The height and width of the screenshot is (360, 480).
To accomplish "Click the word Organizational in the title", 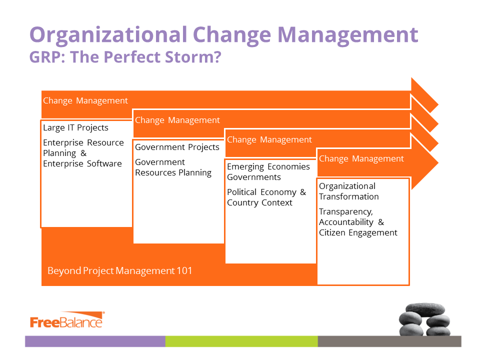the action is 108,35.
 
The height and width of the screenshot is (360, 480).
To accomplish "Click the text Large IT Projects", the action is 75,127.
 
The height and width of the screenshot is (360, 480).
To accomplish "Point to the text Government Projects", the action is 177,147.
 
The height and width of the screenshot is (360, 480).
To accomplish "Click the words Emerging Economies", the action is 268,167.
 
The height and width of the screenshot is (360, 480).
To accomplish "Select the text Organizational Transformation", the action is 348,191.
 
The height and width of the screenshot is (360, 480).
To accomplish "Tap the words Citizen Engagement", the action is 358,232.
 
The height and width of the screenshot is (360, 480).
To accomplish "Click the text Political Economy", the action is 261,192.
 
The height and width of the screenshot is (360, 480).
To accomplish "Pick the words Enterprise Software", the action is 82,164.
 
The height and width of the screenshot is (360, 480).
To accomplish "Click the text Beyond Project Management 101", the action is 119,271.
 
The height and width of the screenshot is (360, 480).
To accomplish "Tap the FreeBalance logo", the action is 67,320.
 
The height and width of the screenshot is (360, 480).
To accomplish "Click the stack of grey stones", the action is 424,319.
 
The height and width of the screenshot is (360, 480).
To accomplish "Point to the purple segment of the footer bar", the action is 95,341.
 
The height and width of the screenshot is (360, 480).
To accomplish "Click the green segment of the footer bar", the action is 241,341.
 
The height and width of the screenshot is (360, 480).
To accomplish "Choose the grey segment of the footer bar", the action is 389,341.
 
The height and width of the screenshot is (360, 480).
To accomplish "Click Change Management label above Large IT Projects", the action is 85,100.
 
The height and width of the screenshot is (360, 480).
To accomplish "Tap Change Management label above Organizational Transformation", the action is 361,159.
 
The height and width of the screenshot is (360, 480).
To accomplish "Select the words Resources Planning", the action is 173,173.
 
